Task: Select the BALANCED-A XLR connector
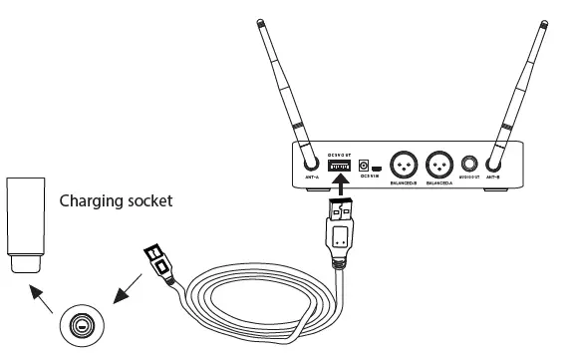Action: pos(441,164)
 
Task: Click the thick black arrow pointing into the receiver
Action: pos(341,186)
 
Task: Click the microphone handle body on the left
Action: pos(25,217)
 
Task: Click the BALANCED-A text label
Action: pos(441,184)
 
